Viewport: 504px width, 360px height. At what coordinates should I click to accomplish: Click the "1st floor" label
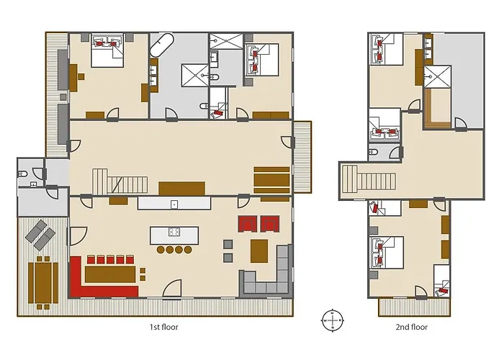163,327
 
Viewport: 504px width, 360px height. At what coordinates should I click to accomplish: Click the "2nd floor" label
411,327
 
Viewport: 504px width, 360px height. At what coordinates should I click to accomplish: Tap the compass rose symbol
333,320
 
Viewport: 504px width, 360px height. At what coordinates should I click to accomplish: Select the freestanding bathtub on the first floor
162,45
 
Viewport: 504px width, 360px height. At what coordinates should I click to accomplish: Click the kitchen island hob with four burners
174,231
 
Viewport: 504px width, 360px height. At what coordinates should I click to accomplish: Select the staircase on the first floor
120,181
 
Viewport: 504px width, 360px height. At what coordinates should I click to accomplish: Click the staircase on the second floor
369,180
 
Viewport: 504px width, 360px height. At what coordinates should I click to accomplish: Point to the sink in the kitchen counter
174,204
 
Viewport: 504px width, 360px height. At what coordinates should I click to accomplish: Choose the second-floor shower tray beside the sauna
438,76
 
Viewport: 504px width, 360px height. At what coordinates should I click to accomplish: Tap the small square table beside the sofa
259,251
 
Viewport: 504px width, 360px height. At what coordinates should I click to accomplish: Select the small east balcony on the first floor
302,157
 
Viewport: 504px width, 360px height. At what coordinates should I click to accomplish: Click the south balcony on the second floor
414,307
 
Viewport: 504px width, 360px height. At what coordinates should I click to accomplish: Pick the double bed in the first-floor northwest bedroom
107,50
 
